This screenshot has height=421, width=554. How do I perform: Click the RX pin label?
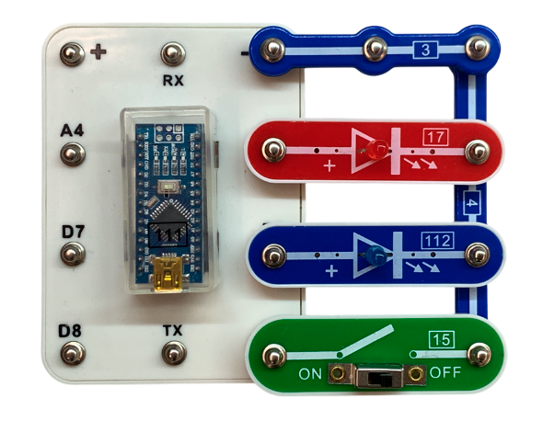point(173,79)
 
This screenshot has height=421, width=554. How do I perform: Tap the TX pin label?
point(172,328)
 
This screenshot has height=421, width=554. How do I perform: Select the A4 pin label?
point(73,132)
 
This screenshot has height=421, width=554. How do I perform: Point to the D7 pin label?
point(73,230)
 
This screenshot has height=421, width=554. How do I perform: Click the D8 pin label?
point(72,328)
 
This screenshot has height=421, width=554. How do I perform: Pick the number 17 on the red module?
point(435,139)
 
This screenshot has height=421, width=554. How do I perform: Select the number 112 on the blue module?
point(438,241)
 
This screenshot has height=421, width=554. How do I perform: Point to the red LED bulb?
point(375,150)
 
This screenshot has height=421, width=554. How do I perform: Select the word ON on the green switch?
point(309,374)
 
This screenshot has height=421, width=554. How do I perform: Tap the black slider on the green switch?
point(377,377)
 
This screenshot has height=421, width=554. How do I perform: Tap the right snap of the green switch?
point(477,353)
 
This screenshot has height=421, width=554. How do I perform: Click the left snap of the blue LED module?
point(273,253)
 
